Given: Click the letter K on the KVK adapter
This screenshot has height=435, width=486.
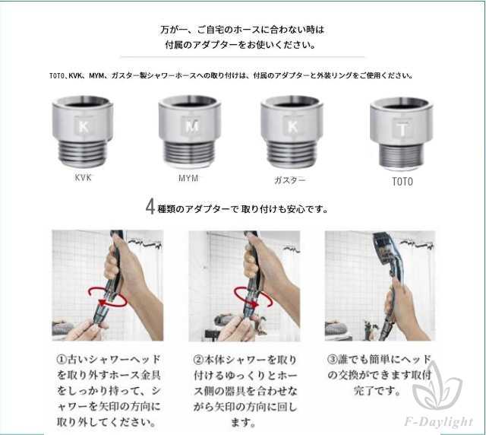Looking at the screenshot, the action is point(84,127).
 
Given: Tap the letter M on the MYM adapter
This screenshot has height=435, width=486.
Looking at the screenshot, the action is point(192,126).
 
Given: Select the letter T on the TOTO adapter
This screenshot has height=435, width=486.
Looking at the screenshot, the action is point(402,130).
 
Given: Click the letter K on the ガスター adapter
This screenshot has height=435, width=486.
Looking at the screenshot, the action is point(293,126).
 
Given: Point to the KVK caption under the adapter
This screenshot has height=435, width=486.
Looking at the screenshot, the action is point(83,177).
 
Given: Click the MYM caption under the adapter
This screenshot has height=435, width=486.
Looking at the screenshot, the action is point(188,178).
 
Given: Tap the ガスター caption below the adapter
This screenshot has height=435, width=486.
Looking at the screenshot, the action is point(289,180).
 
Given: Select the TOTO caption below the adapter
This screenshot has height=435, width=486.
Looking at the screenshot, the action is point(402,181).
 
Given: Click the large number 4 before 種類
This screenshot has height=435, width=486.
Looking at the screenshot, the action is point(150,207).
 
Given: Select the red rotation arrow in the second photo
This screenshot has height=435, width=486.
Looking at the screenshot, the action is point(253,297).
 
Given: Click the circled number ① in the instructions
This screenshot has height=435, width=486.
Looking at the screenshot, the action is point(62,360).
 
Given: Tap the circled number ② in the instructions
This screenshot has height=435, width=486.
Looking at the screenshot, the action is point(199,360).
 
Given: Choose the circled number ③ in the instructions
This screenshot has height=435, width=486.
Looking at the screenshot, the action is point(333,360).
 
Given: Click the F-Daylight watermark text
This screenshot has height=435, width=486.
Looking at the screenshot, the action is point(439,422).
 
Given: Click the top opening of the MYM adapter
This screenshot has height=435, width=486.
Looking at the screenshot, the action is point(190,102).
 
